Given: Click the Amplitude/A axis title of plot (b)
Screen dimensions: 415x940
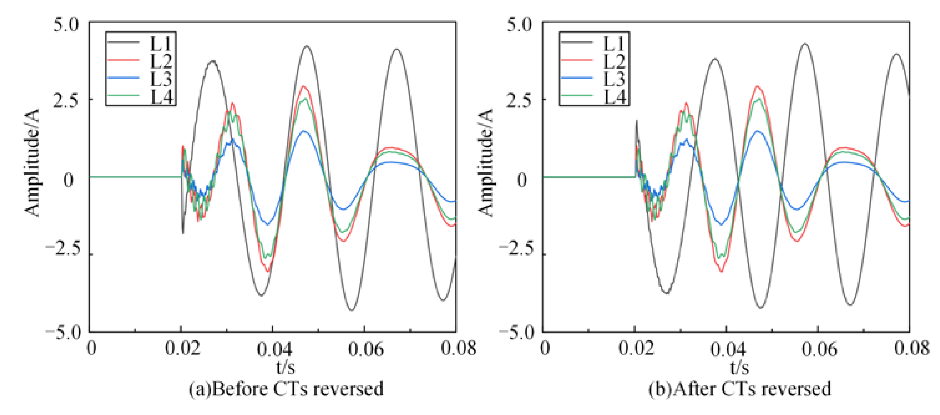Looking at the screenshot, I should point(486,162).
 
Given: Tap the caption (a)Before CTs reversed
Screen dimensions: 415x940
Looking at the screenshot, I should point(286,389).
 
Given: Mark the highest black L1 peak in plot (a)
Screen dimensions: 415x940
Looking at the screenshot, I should point(307,46).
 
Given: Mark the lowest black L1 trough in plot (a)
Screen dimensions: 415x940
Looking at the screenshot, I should point(351,311).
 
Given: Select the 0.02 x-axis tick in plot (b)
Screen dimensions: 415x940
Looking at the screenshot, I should point(637,349).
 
